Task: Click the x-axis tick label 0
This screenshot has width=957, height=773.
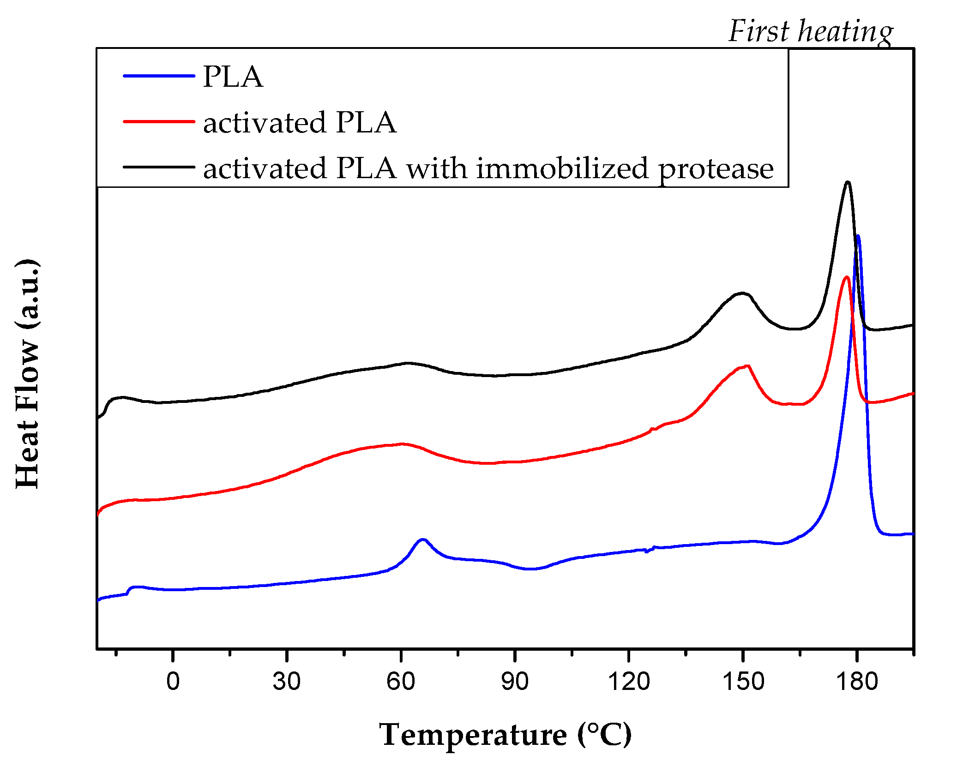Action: coord(173,682)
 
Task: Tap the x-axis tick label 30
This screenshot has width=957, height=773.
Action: coord(286,682)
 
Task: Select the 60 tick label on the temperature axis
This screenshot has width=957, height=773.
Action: coord(401,682)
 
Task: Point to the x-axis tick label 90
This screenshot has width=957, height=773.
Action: coord(515,682)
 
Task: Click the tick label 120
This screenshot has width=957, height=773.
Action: coord(628,682)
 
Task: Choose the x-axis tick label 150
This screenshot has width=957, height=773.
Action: coord(743,682)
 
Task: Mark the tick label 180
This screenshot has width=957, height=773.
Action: coord(857,682)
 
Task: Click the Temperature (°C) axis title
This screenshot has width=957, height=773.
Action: coord(505,734)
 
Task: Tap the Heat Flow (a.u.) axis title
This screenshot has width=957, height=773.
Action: coord(28,374)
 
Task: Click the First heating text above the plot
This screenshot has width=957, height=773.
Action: coord(810,31)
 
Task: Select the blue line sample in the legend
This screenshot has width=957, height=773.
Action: coord(159,76)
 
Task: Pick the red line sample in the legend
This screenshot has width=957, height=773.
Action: coord(159,121)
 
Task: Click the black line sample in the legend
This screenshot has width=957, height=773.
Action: coord(159,167)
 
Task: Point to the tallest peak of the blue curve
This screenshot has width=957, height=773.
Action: coord(858,236)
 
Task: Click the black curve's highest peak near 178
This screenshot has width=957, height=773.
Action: coord(847,182)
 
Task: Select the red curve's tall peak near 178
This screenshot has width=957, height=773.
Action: coord(846,277)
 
